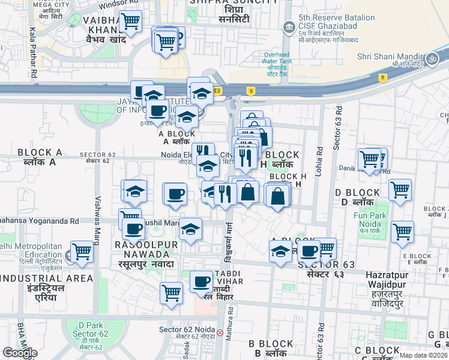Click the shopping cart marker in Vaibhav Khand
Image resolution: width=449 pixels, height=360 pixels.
(x=130, y=22)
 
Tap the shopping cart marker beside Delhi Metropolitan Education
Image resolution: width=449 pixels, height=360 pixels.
(x=82, y=253)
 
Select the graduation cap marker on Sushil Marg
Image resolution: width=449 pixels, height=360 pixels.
(x=190, y=230)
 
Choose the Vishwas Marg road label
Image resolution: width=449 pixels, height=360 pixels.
(x=97, y=220)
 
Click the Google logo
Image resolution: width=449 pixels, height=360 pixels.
(x=20, y=353)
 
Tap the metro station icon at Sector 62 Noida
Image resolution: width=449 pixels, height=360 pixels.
(x=220, y=332)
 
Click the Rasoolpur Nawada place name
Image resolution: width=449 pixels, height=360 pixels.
(x=146, y=254)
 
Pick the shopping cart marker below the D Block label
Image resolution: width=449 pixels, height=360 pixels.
(x=400, y=190)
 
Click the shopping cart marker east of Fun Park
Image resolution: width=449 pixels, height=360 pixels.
(x=402, y=232)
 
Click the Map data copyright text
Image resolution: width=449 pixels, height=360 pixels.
(x=424, y=355)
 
